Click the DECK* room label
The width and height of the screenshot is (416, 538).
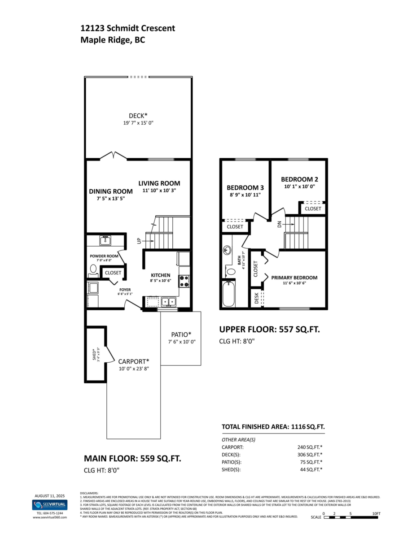click(138, 115)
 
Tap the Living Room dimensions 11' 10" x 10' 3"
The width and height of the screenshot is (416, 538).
click(159, 191)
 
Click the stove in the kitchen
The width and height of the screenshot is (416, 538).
click(184, 281)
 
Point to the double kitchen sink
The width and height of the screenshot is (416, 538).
click(169, 302)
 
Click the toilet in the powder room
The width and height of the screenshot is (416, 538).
click(93, 269)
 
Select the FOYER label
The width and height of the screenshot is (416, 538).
click(124, 290)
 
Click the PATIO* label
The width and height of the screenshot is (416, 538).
click(181, 334)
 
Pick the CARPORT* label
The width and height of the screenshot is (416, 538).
click(133, 361)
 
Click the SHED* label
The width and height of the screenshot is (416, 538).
click(94, 354)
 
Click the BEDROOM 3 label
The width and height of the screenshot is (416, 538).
click(245, 187)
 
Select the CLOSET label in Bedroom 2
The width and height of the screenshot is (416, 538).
click(313, 208)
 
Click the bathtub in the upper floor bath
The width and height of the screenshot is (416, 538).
click(229, 294)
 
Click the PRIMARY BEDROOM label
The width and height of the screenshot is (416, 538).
click(294, 278)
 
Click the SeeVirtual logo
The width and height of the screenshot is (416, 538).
click(50, 505)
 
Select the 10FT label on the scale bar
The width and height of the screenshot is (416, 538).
click(376, 513)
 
